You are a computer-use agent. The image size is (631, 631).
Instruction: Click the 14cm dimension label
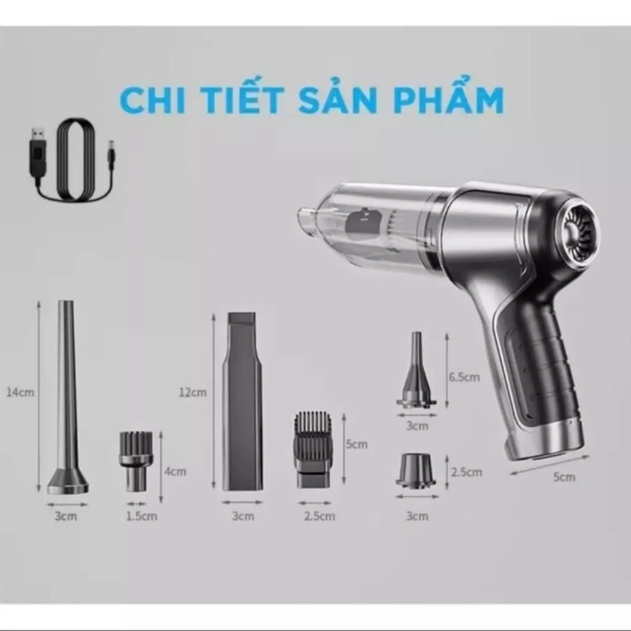[21, 392]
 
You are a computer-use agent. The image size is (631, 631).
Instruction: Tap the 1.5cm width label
[141, 516]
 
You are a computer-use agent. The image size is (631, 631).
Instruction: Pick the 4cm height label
[175, 471]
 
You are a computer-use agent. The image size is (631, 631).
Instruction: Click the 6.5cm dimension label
[464, 377]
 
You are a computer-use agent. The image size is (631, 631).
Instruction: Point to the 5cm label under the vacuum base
[564, 476]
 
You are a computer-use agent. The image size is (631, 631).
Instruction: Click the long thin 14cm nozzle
[67, 401]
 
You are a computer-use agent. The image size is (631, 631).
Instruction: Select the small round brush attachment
[136, 459]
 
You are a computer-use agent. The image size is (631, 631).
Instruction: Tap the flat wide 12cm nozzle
[242, 401]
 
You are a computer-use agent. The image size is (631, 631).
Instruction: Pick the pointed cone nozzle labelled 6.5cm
[417, 373]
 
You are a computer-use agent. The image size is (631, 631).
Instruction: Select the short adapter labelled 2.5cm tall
[416, 470]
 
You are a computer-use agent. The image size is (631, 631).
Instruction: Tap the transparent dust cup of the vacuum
[376, 225]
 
